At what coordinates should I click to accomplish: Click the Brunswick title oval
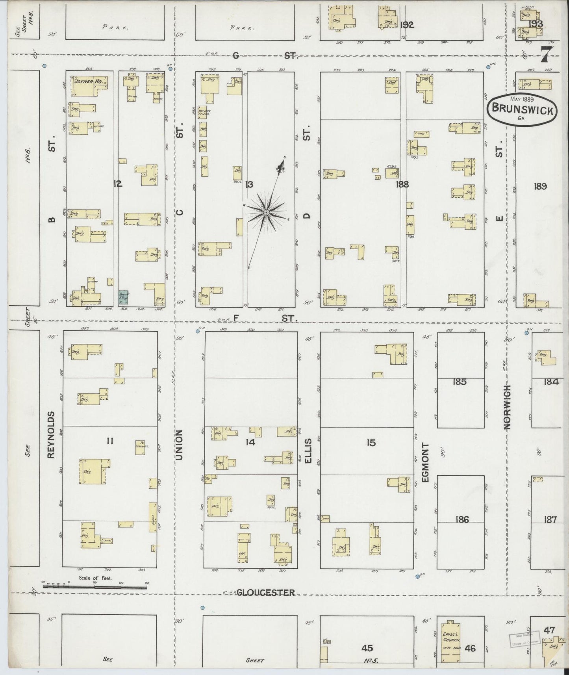pos(522,110)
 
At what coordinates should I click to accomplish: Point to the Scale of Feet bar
pos(95,586)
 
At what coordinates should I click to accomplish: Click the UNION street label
pos(179,445)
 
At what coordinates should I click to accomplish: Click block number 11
pos(110,441)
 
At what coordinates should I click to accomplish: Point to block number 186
pos(462,519)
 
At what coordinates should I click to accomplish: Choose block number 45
pos(367,648)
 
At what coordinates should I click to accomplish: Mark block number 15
pos(371,443)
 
